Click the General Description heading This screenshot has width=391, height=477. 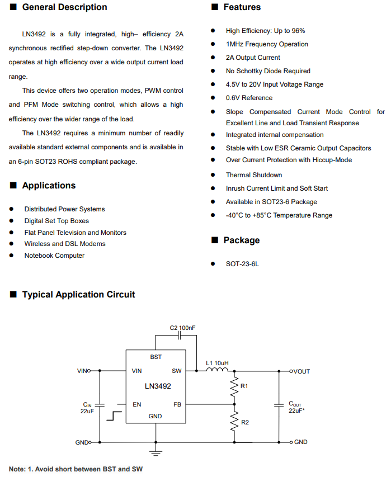[x=64, y=7]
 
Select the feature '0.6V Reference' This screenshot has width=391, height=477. [x=249, y=98]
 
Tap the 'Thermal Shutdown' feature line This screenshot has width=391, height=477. [x=254, y=175]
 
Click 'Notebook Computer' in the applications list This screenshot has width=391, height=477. [x=54, y=256]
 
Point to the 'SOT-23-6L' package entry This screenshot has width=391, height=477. [x=242, y=264]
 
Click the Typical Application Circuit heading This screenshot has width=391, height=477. [x=78, y=295]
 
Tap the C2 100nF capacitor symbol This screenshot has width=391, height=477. [x=179, y=336]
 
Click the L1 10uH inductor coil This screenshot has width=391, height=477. [x=217, y=370]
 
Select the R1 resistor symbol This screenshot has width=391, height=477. [x=234, y=386]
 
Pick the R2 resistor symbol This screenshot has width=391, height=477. [x=234, y=422]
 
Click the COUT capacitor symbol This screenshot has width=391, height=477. [x=279, y=405]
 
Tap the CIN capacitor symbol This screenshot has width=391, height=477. [x=100, y=405]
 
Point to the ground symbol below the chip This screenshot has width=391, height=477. [x=156, y=452]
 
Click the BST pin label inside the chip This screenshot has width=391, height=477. [x=156, y=357]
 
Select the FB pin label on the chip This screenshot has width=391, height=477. [x=177, y=404]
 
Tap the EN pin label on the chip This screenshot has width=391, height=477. [x=137, y=404]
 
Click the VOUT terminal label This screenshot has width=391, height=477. [x=302, y=371]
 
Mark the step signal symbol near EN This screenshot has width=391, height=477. [x=114, y=416]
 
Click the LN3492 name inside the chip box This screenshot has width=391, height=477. [x=158, y=386]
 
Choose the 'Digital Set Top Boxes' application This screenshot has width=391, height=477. [x=56, y=221]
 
